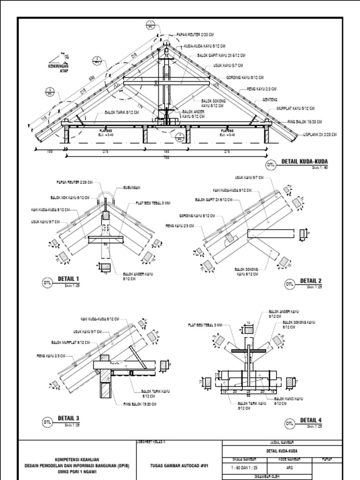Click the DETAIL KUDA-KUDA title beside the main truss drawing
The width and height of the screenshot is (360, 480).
click(x=304, y=162)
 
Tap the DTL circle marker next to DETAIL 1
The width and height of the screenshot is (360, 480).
click(x=47, y=283)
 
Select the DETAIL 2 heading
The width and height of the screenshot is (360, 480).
click(x=311, y=281)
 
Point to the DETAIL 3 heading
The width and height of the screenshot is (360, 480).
click(x=68, y=418)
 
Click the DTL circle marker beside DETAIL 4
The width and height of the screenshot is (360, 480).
click(x=290, y=424)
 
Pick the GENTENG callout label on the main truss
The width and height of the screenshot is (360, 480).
click(x=270, y=100)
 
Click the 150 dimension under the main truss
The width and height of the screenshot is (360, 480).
click(x=165, y=151)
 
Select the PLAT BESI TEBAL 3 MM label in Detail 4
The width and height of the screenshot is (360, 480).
click(x=205, y=324)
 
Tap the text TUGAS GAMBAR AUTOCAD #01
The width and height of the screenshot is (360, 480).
click(x=178, y=465)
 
